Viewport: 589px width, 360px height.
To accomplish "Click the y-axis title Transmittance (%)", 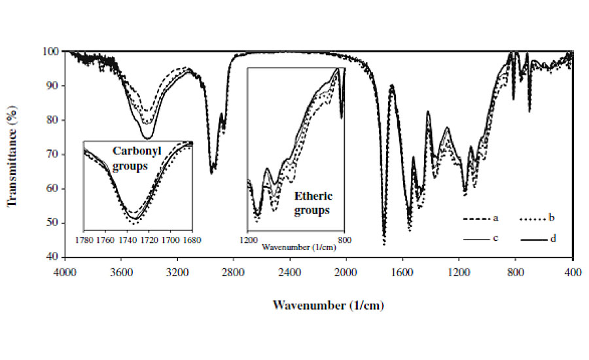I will pyautogui.click(x=12, y=154).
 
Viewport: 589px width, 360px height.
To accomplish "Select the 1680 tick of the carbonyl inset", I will pyautogui.click(x=192, y=240).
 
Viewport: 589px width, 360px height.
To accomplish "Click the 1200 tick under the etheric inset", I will pyautogui.click(x=249, y=240).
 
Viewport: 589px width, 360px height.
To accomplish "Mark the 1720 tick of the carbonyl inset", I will pyautogui.click(x=149, y=240).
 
